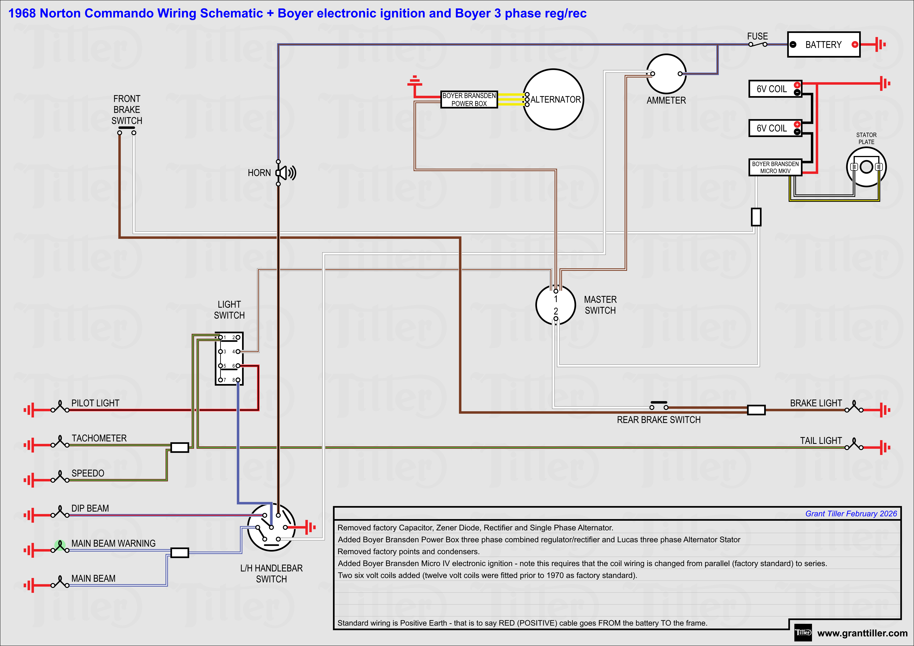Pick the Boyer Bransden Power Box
click(x=469, y=100)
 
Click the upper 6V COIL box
click(x=775, y=89)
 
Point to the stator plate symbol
click(x=866, y=167)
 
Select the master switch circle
click(x=556, y=305)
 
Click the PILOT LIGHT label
click(x=95, y=403)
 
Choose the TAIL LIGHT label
click(x=821, y=441)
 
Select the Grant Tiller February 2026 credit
click(x=851, y=514)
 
